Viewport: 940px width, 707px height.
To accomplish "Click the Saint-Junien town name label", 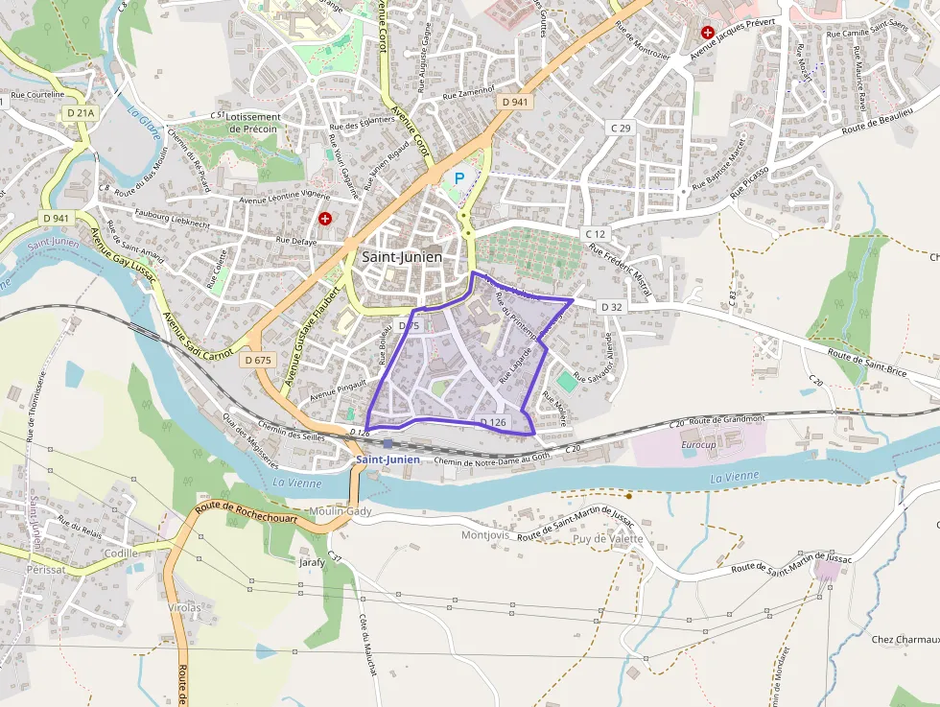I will click(402, 257).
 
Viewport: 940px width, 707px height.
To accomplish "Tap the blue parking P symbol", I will click(458, 177).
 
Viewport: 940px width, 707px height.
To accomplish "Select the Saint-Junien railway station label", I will click(388, 460).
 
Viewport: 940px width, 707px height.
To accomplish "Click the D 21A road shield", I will click(81, 113).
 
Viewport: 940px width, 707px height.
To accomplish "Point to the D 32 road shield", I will click(611, 307).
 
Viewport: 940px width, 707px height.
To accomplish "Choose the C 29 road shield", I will click(621, 128).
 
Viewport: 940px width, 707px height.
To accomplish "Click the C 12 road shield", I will click(595, 234).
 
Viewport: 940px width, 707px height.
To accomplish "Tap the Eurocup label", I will click(698, 446).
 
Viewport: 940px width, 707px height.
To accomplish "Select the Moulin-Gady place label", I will click(341, 511).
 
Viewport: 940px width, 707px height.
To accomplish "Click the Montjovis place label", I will click(485, 535).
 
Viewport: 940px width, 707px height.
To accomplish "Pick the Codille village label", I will click(121, 554).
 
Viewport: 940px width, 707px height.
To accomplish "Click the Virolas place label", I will click(184, 607).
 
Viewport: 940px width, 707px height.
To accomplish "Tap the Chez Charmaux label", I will click(905, 639).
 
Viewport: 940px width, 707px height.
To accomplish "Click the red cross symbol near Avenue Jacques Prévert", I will click(708, 33).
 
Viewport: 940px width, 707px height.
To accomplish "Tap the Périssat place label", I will click(46, 569).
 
